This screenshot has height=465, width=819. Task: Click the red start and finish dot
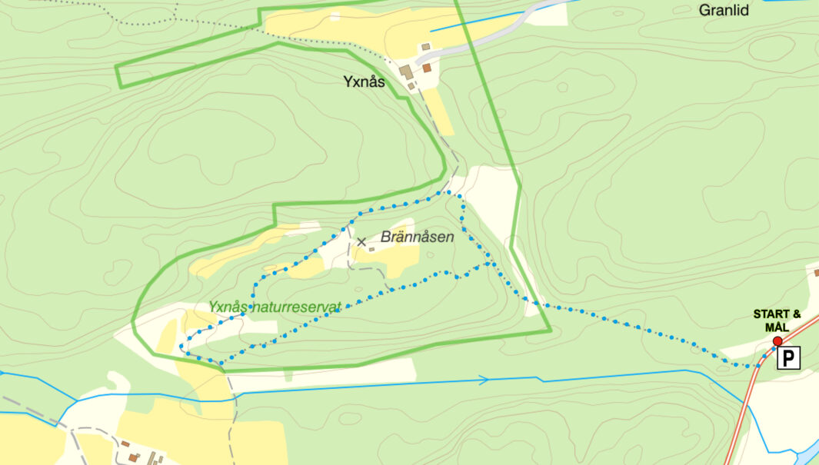(777, 341)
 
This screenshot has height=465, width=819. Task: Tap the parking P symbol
(788, 357)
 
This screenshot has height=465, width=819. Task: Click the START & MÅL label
(777, 321)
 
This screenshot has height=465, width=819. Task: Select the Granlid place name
(724, 11)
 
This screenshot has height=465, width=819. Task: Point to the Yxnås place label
(364, 82)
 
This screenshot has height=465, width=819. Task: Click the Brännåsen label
(417, 237)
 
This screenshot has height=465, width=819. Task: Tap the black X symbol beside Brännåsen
(361, 242)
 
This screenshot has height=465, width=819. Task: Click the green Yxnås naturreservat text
(275, 307)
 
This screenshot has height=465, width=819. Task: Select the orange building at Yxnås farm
(427, 68)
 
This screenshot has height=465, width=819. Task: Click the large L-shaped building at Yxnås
(405, 71)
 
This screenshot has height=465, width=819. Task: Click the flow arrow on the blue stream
(484, 380)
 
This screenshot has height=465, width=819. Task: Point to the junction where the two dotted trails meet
(491, 263)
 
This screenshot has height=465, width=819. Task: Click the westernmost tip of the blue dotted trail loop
(181, 347)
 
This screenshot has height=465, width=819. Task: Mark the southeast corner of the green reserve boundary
(551, 331)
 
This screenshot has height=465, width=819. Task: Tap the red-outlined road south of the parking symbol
(738, 430)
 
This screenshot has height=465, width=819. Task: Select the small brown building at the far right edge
(815, 272)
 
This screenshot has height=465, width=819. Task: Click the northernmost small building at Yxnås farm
(424, 47)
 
